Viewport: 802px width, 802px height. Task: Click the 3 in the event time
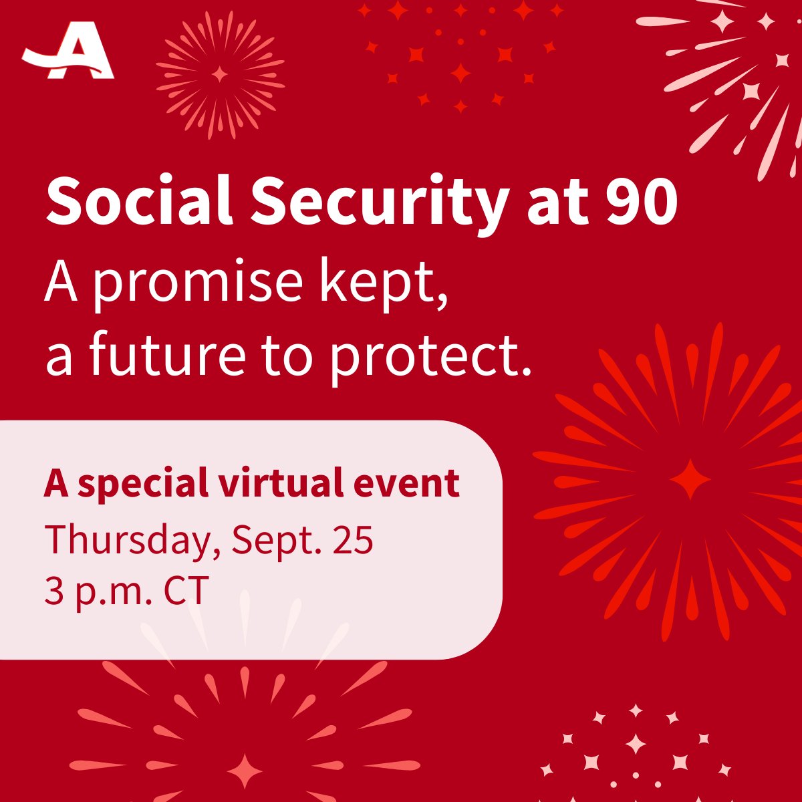pos(53,591)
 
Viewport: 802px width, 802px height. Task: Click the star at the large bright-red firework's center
pos(690,479)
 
